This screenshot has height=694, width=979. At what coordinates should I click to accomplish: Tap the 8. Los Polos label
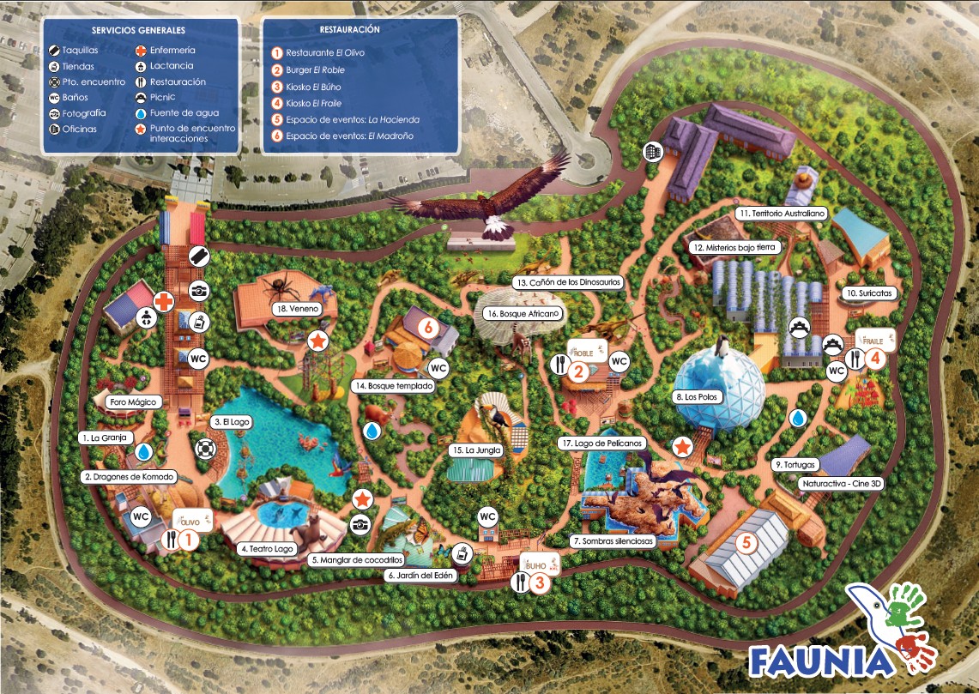pos(695,397)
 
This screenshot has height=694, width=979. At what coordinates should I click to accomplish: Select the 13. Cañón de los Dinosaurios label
pos(566,281)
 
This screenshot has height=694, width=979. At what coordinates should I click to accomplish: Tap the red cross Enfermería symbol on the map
pos(162,301)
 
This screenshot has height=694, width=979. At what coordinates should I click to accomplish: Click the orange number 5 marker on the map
pos(746,542)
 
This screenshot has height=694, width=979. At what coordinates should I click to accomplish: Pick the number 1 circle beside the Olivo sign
pos(188,540)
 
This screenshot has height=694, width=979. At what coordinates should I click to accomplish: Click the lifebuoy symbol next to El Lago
pos(204,448)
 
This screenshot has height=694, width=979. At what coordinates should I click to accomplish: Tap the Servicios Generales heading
pos(138,30)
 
